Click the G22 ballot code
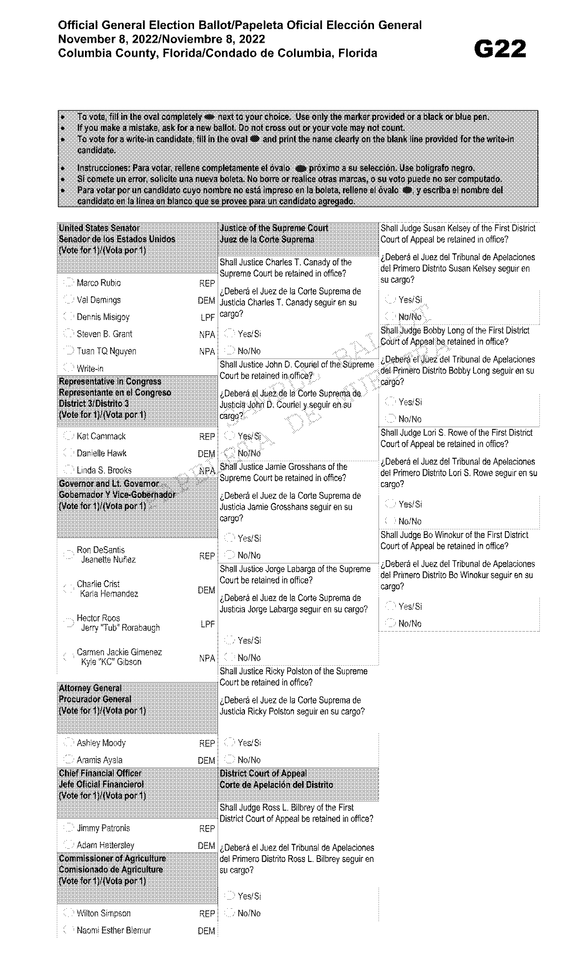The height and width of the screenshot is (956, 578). pyautogui.click(x=499, y=49)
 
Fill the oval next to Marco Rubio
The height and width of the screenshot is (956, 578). pyautogui.click(x=69, y=283)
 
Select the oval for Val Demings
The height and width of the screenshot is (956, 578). pyautogui.click(x=69, y=299)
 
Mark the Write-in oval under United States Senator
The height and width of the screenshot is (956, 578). pyautogui.click(x=69, y=368)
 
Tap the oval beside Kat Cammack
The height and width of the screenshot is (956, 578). pyautogui.click(x=69, y=436)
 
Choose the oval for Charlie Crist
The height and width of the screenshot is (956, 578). pyautogui.click(x=69, y=589)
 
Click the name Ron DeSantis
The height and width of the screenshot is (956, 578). pyautogui.click(x=100, y=550)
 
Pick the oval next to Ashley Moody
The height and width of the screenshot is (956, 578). pyautogui.click(x=69, y=742)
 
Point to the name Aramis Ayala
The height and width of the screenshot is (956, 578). pyautogui.click(x=100, y=760)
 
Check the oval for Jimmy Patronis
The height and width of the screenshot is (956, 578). pyautogui.click(x=69, y=827)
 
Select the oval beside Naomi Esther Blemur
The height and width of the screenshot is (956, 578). pyautogui.click(x=69, y=930)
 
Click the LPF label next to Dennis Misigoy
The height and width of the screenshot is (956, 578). pyautogui.click(x=207, y=318)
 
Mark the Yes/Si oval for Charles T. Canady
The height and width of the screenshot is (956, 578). pyautogui.click(x=230, y=334)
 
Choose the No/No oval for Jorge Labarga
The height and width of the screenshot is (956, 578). pyautogui.click(x=230, y=657)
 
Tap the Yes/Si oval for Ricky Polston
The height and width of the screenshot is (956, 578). pyautogui.click(x=230, y=742)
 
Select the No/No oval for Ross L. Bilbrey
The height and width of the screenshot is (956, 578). pyautogui.click(x=230, y=913)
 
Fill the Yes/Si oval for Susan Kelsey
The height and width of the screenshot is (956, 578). pyautogui.click(x=390, y=299)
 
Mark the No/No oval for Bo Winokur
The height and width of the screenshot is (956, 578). pyautogui.click(x=390, y=623)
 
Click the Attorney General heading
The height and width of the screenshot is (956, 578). pyautogui.click(x=90, y=688)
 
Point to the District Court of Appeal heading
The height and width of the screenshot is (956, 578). pyautogui.click(x=263, y=773)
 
